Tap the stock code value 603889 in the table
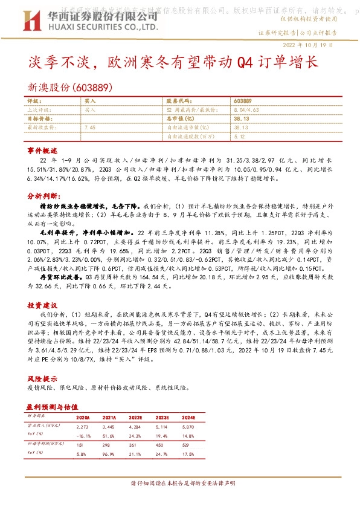tap(242, 100)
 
